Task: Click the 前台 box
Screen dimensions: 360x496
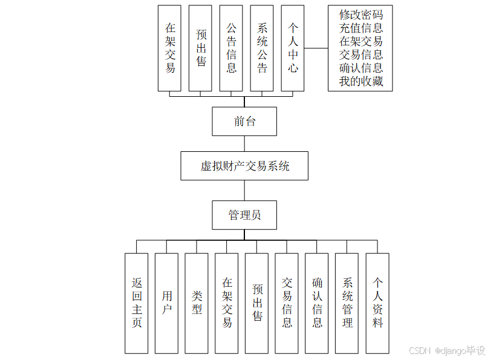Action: [x=244, y=122]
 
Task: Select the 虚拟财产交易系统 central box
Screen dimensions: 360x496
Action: [x=244, y=166]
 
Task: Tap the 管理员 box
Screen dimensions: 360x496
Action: [x=244, y=215]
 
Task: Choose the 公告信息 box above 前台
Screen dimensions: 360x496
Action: [x=231, y=48]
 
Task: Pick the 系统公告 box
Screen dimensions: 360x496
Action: [x=262, y=48]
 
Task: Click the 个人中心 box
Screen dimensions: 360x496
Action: [x=293, y=48]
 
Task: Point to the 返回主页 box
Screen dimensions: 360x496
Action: [x=137, y=303]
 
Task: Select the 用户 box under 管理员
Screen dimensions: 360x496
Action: [x=166, y=303]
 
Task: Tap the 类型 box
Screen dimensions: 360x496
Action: [x=197, y=303]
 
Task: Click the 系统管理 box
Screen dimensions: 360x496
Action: [x=347, y=303]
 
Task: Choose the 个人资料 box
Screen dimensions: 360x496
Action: [x=377, y=303]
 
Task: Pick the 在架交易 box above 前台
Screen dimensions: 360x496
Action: [x=170, y=48]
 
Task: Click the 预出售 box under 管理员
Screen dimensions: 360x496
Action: [x=257, y=303]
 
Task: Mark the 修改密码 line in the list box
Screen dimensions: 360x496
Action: [x=361, y=15]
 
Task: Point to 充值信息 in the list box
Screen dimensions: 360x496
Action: [x=361, y=28]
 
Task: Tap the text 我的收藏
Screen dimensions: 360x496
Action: [x=361, y=81]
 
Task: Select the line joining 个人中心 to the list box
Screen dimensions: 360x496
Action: [x=316, y=48]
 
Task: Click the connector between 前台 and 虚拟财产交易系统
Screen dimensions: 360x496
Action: [x=244, y=143]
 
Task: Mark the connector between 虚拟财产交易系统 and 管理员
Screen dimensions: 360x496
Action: [x=244, y=190]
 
